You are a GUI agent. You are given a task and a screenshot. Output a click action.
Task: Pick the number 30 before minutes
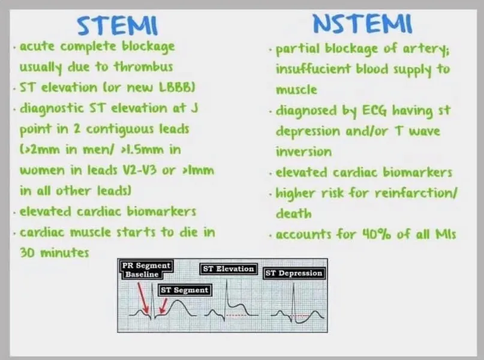coord(28,252)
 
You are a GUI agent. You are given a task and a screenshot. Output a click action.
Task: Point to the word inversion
coord(303,151)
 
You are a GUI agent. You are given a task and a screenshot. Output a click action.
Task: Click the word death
coord(293,213)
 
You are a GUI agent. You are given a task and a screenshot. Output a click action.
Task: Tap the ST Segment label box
coord(184,289)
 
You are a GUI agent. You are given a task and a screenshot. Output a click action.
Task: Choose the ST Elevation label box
coord(229,269)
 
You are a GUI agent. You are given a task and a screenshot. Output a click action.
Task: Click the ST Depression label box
coord(294,273)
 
